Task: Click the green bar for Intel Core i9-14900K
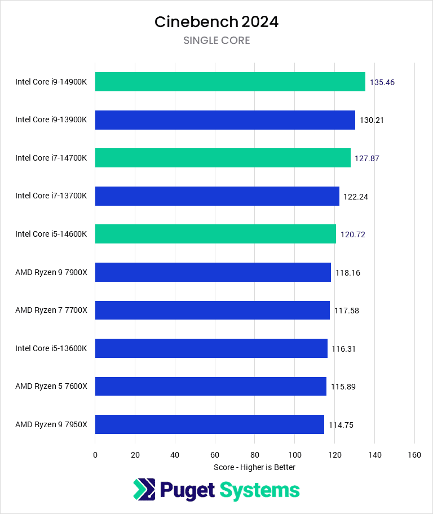[x=230, y=82]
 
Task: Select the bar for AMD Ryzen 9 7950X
[x=209, y=424]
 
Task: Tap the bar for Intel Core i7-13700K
[x=217, y=196]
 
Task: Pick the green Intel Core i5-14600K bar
[x=215, y=234]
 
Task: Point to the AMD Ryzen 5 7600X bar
[x=210, y=386]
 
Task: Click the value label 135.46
[x=382, y=82]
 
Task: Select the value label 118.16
[x=348, y=273]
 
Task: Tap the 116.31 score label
[x=344, y=349]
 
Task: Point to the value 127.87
[x=367, y=158]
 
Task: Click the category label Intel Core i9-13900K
[x=51, y=120]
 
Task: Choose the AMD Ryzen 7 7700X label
[x=51, y=311]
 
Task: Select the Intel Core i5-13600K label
[x=51, y=348]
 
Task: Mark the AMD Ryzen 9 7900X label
[x=51, y=272]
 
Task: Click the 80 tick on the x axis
[x=255, y=455]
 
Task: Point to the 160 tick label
[x=414, y=455]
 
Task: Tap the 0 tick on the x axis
[x=95, y=455]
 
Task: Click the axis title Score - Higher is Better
[x=254, y=467]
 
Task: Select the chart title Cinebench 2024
[x=216, y=22]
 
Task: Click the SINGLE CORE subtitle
[x=216, y=41]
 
